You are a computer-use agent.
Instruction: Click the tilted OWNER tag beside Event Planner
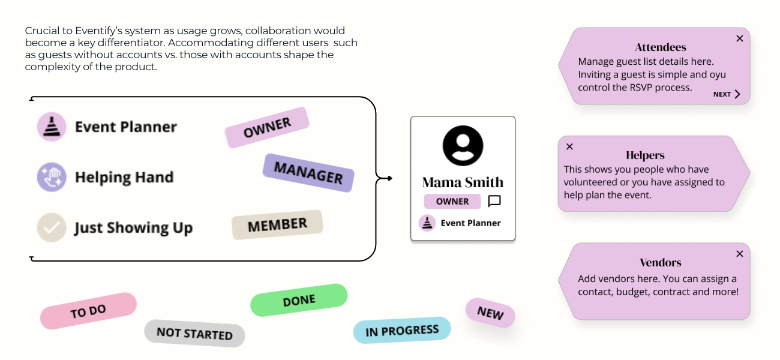click(x=267, y=127)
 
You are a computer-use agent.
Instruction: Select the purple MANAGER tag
click(x=308, y=173)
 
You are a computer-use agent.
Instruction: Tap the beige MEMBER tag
click(x=277, y=225)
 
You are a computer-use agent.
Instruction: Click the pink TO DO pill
click(x=88, y=311)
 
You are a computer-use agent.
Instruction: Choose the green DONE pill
click(x=299, y=300)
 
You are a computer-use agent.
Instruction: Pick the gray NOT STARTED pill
click(x=194, y=333)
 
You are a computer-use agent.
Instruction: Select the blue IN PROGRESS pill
click(x=402, y=331)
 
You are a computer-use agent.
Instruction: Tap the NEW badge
click(x=490, y=313)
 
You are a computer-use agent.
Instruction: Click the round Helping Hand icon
click(x=52, y=178)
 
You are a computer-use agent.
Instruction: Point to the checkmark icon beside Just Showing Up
click(x=52, y=228)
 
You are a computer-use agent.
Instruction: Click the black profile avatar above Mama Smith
click(x=463, y=145)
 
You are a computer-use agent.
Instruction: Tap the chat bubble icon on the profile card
click(x=494, y=201)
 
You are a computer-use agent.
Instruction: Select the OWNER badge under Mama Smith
click(x=452, y=202)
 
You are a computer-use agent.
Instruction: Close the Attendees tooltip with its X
click(x=739, y=38)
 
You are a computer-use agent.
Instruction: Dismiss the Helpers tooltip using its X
click(x=569, y=146)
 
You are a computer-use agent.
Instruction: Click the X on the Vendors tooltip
click(x=739, y=254)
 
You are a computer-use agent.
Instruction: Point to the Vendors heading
click(x=660, y=263)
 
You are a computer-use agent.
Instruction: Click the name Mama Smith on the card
click(x=463, y=182)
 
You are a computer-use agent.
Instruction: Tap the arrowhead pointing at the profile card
click(x=389, y=178)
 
